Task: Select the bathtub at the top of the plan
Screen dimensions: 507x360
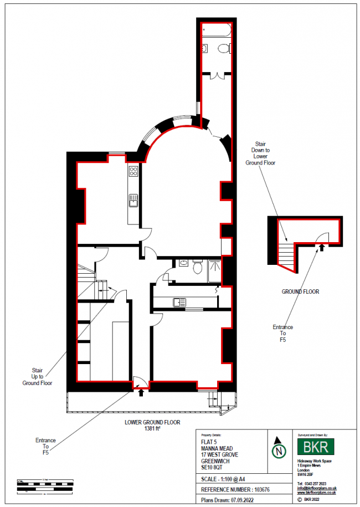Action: point(218,32)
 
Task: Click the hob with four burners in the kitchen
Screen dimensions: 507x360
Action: point(133,172)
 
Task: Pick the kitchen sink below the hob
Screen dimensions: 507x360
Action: point(133,201)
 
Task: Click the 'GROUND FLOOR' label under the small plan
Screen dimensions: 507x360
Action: point(300,291)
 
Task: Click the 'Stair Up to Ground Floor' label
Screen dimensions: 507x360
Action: point(37,376)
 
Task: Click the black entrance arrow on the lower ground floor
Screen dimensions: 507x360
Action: point(140,393)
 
